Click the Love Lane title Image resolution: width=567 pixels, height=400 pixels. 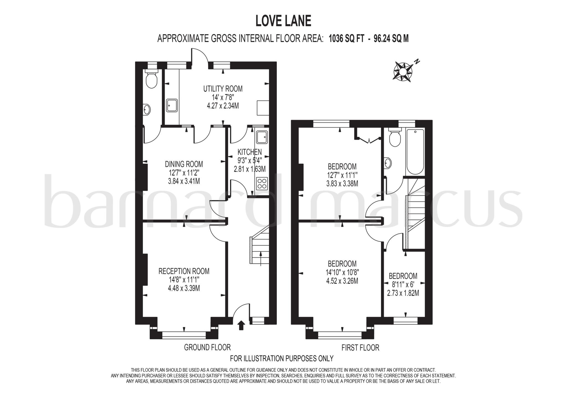pyautogui.click(x=283, y=21)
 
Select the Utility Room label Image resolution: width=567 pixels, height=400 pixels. pyautogui.click(x=223, y=89)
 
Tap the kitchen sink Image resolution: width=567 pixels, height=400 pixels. pyautogui.click(x=262, y=137)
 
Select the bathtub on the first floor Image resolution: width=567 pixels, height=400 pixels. pyautogui.click(x=415, y=152)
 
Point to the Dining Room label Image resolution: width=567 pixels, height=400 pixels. pyautogui.click(x=184, y=164)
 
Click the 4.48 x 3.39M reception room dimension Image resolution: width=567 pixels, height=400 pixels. pyautogui.click(x=184, y=288)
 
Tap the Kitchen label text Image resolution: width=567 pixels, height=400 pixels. pyautogui.click(x=249, y=152)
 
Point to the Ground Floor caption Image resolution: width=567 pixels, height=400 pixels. pyautogui.click(x=207, y=347)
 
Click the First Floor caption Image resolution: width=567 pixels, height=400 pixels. pyautogui.click(x=360, y=347)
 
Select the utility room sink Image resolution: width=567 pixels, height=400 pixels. pyautogui.click(x=172, y=105)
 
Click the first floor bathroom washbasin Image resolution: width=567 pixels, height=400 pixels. pyautogui.click(x=388, y=163)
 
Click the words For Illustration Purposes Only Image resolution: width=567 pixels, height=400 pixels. pyautogui.click(x=282, y=359)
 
